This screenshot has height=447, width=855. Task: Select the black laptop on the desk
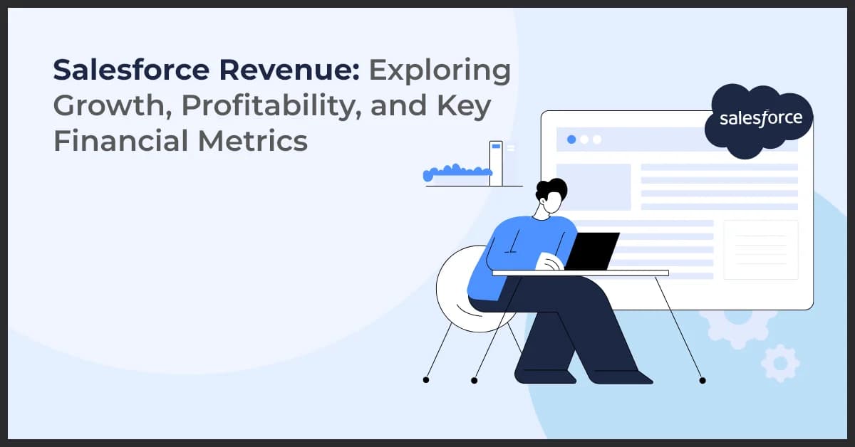click(591, 251)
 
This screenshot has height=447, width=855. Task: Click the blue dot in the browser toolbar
click(571, 140)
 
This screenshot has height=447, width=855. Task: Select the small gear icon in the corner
click(780, 363)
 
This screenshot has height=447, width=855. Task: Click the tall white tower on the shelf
click(496, 163)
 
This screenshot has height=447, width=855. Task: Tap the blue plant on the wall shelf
click(457, 171)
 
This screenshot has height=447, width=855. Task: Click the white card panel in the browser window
click(760, 250)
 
